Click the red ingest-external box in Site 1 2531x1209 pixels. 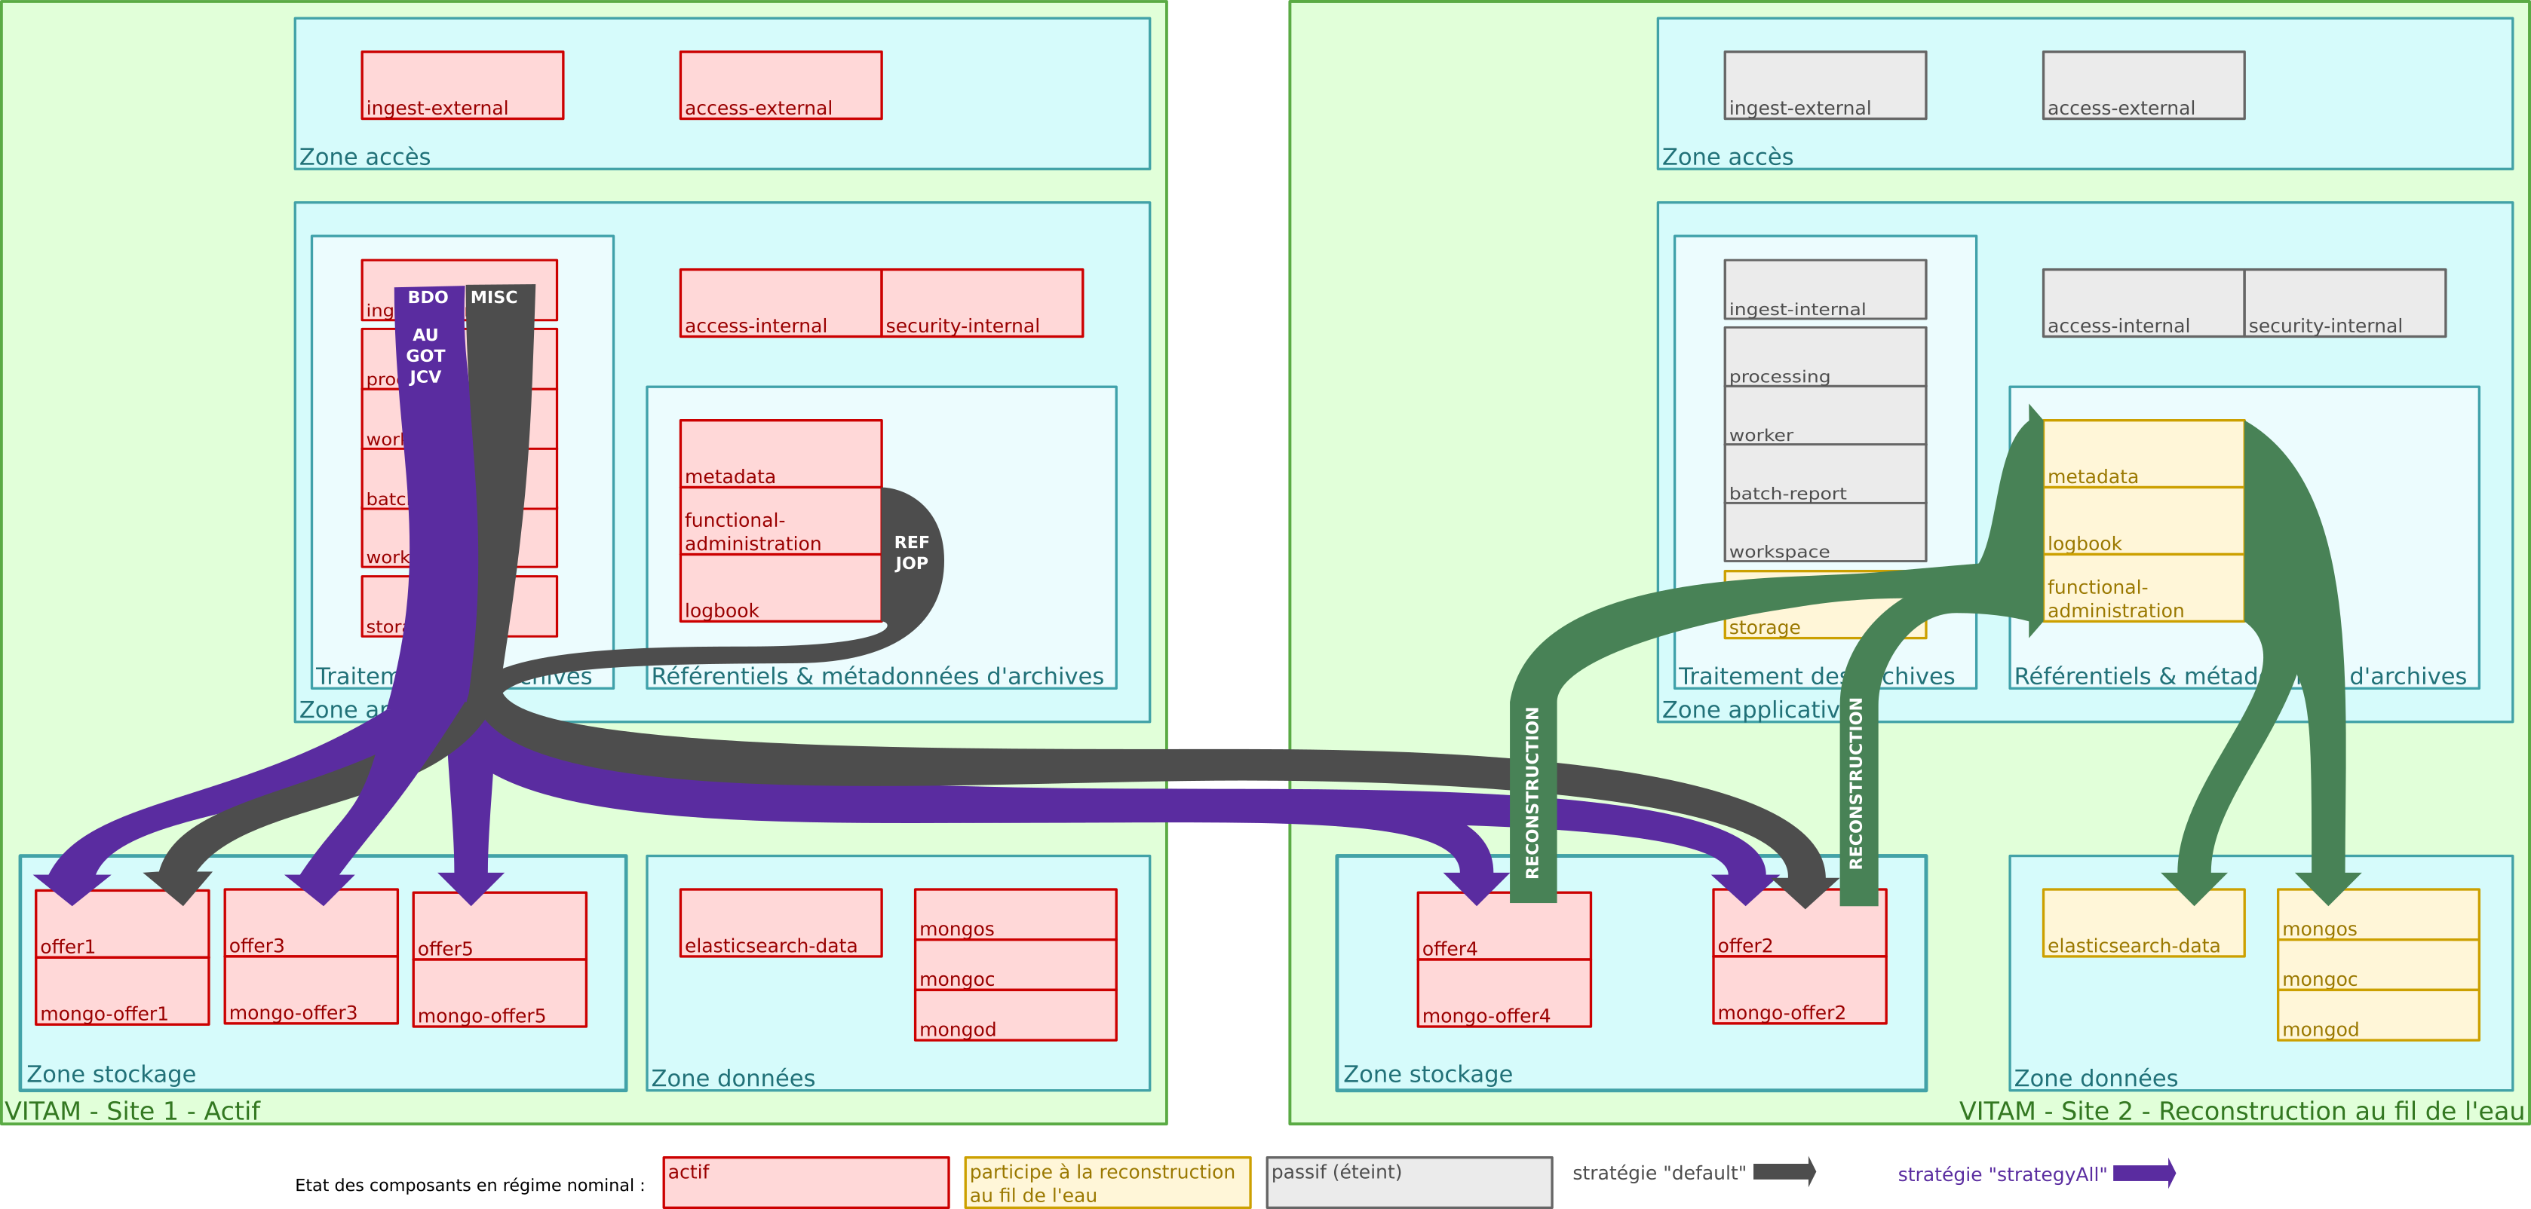point(462,85)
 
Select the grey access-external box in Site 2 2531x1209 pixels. point(2143,85)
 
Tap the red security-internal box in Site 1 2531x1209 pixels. point(981,304)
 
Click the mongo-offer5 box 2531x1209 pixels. point(499,994)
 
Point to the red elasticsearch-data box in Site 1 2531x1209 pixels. point(780,923)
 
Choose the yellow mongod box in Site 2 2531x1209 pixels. point(2378,1015)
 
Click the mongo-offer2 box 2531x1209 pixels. point(1799,990)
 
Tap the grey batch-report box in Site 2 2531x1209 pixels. point(1824,474)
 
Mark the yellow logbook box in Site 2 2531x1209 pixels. point(2143,522)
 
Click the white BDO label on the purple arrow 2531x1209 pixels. point(428,298)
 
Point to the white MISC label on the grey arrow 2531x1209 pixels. point(493,298)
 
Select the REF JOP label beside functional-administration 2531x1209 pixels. point(911,553)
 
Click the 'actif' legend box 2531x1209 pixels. point(805,1183)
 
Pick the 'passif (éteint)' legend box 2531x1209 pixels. point(1409,1183)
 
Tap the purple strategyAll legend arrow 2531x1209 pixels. point(2145,1173)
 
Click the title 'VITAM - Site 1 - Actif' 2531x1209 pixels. point(133,1111)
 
